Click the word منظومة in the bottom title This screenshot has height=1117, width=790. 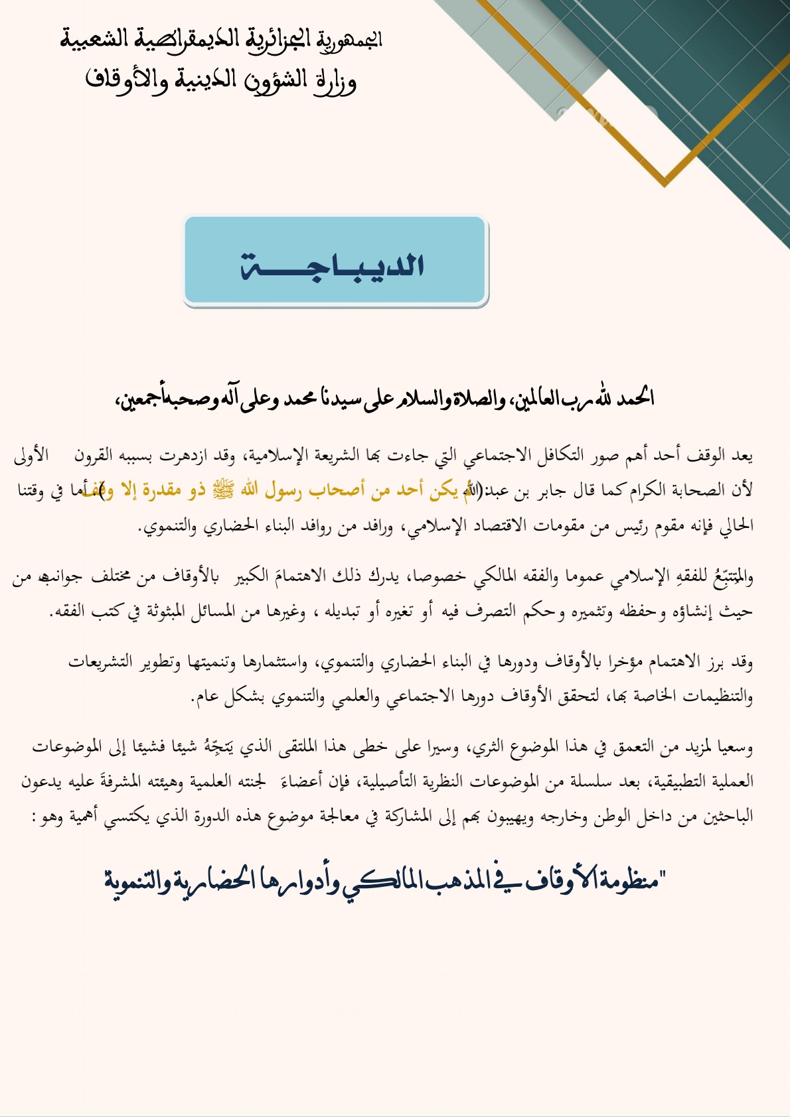(x=624, y=881)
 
